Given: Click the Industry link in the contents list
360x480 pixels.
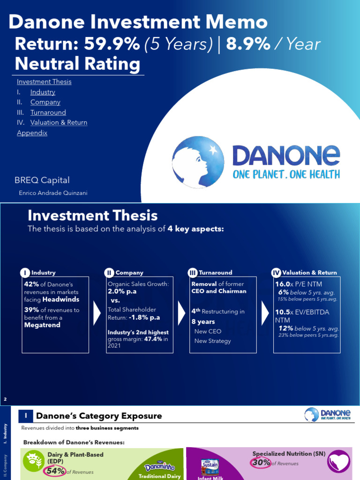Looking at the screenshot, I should (x=43, y=92).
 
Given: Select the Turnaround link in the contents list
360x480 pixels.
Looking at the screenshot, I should (x=48, y=112).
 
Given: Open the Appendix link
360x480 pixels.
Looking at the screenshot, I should (x=32, y=133).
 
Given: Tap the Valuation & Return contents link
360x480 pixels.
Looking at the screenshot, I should (x=59, y=122).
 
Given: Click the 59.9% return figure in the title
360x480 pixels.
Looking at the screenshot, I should (x=112, y=44).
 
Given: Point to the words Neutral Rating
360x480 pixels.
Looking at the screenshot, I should (x=77, y=64).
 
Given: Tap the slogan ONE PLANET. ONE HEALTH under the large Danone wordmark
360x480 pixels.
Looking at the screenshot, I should (x=286, y=174).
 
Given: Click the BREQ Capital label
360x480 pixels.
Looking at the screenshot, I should (x=42, y=180).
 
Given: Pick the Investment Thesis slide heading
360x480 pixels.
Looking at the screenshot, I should (x=93, y=215).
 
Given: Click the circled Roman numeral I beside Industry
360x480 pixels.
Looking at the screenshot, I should (x=24, y=273).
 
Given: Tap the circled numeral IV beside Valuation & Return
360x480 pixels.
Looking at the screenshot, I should (x=276, y=273).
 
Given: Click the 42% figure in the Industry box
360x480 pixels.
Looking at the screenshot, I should (x=32, y=284).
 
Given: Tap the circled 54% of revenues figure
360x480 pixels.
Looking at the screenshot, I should (x=55, y=471).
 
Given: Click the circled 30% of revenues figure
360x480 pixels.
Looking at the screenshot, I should (x=261, y=463).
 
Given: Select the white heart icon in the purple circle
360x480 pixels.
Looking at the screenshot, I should (x=338, y=461).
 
